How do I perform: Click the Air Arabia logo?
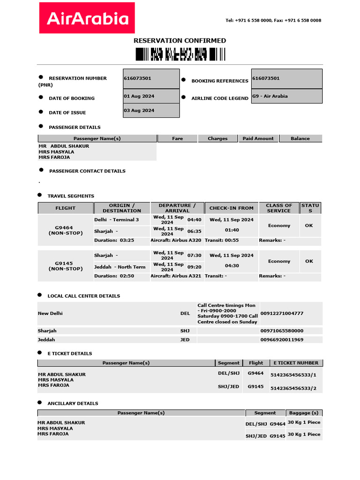87,18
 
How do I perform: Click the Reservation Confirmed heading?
180,41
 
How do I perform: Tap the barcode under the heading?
177,54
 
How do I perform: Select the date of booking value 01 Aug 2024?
139,96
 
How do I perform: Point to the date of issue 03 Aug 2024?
139,111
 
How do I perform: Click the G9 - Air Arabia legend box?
286,96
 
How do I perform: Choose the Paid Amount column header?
258,139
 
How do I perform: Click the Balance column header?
300,139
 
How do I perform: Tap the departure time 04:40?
195,220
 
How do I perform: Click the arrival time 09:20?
195,267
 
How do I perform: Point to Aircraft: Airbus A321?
176,276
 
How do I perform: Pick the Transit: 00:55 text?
222,240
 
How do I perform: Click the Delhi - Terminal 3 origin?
117,220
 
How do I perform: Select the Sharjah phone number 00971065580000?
282,331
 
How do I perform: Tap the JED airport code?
185,340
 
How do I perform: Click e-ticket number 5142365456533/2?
293,388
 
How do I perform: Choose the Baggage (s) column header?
303,413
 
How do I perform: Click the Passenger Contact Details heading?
87,171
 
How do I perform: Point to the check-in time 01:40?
232,230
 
